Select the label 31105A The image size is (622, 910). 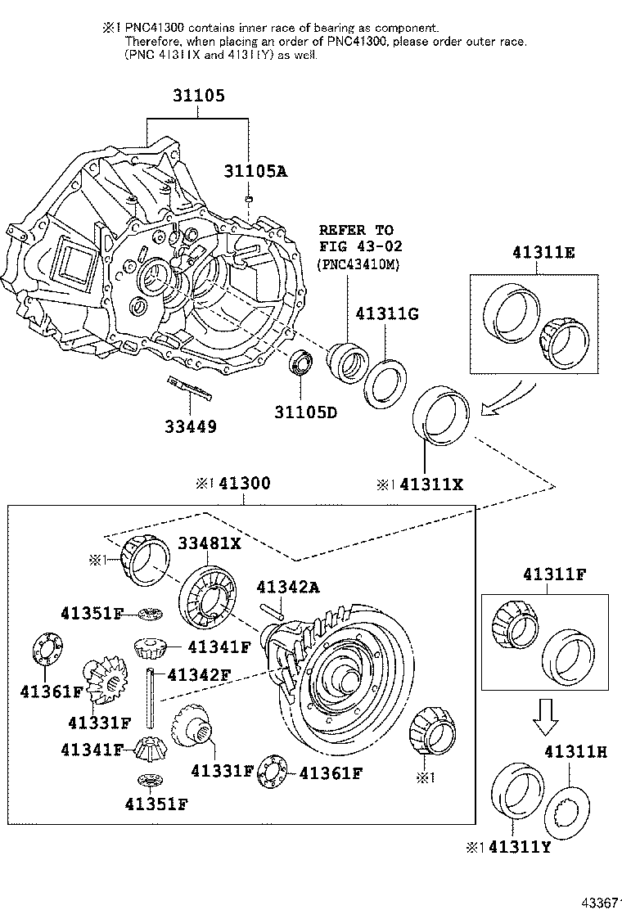point(256,171)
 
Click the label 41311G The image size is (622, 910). point(387,313)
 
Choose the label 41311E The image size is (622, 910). point(544,253)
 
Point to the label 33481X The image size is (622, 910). point(210,543)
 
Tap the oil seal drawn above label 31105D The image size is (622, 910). point(302,363)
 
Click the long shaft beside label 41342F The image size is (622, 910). point(151,696)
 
